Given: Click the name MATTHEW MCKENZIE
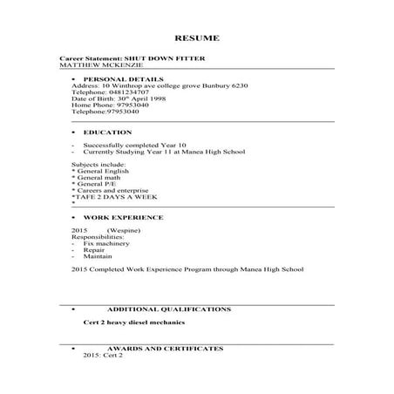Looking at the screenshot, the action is pos(94,65).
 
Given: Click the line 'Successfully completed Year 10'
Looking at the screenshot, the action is pos(129,145).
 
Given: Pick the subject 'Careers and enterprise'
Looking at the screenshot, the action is pos(111,190).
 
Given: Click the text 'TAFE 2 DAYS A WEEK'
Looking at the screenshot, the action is pos(109,197).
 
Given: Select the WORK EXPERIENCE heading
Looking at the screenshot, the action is pos(123,216).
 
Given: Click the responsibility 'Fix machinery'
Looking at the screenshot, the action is pos(107,242).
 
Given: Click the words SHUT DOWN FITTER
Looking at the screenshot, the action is pos(165,58).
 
